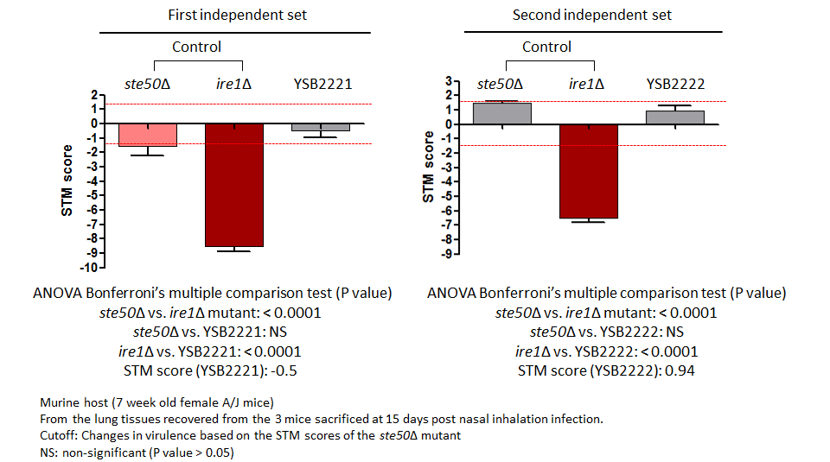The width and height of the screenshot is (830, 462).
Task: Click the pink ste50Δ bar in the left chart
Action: (148, 135)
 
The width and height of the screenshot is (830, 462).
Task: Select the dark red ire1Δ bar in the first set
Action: (234, 185)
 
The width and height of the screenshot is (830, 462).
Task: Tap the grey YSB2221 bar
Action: (321, 128)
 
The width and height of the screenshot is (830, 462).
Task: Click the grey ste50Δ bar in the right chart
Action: (502, 114)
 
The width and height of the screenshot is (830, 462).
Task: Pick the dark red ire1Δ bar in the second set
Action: (589, 171)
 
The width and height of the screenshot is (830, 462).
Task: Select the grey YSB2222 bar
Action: (675, 118)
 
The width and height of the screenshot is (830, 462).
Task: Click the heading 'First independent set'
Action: (237, 15)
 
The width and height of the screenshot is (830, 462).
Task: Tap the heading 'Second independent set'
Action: (591, 15)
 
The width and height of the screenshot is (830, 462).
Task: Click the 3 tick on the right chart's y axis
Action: (449, 81)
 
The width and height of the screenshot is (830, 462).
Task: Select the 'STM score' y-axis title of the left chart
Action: (67, 180)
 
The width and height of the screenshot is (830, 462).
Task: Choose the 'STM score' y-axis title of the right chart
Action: (428, 167)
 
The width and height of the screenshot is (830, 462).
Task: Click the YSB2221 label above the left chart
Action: (322, 84)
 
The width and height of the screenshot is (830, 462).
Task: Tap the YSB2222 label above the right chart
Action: (675, 84)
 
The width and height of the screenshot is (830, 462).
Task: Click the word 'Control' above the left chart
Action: (196, 47)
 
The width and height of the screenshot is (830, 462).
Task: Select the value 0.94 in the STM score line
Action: (680, 370)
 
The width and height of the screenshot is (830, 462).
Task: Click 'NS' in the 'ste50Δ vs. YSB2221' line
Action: (278, 332)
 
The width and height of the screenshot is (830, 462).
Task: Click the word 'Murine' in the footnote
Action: (56, 402)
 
